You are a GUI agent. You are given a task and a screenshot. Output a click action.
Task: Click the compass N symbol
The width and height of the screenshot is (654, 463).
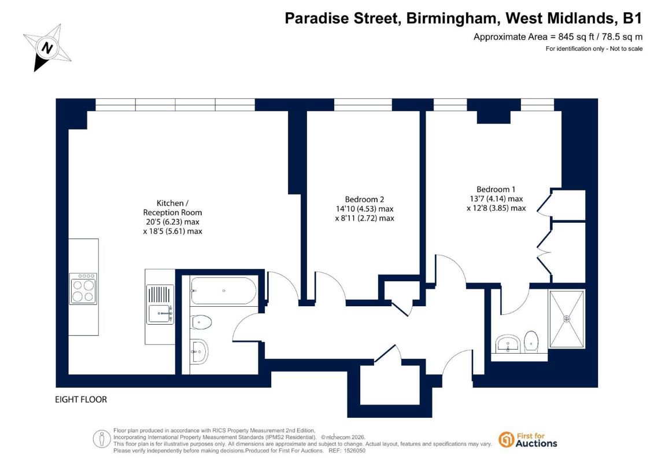47,47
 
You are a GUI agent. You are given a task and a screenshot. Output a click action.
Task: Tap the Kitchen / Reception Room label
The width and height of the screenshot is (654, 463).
172,208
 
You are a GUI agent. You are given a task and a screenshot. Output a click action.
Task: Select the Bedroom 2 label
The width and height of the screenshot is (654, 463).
364,200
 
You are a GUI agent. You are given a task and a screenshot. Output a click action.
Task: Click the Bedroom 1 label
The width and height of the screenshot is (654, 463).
496,189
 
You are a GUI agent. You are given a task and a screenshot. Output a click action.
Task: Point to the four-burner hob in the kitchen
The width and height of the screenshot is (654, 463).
83,288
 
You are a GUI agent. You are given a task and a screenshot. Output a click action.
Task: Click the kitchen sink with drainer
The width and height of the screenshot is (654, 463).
160,303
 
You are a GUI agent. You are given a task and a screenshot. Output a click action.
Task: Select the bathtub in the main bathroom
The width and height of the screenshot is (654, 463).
224,291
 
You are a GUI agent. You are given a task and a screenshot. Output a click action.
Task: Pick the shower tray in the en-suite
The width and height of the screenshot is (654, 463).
567,319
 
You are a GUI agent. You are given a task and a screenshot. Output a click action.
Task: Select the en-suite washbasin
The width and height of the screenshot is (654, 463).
508,344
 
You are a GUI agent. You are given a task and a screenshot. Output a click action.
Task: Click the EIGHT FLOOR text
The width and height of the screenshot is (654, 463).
81,399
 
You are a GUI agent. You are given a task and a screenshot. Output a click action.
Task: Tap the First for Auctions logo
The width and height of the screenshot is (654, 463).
528,440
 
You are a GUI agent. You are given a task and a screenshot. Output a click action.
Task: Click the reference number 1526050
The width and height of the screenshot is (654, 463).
353,451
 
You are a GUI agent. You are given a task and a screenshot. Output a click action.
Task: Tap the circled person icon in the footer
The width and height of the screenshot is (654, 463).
101,439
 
